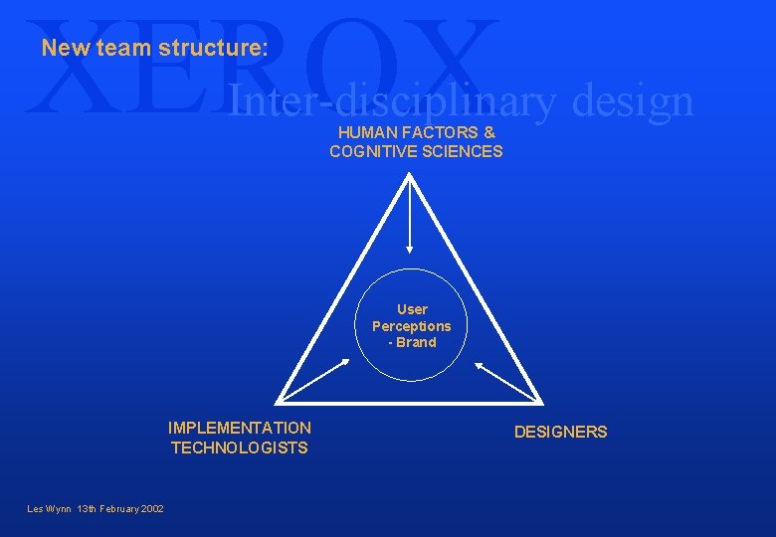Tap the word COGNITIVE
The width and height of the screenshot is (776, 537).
point(372,151)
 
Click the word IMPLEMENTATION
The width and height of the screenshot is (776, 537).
point(240,428)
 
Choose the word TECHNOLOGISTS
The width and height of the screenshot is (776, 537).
point(240,447)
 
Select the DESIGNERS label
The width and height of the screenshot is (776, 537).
point(560,432)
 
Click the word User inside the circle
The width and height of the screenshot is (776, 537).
point(412,309)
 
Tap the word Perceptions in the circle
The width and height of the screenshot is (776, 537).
point(412,326)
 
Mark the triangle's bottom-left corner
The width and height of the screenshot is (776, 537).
point(278,401)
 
